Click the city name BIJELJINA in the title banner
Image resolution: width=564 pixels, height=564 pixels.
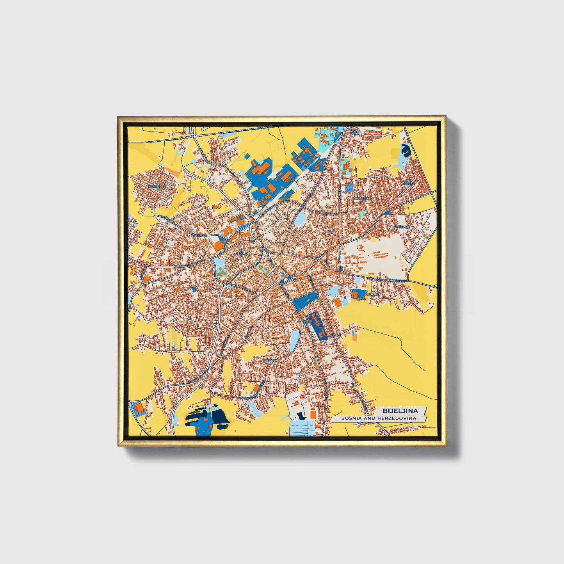coord(400,411)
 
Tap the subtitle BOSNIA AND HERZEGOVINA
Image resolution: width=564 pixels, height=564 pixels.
coord(378,418)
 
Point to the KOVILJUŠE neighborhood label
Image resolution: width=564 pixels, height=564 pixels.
coord(157,187)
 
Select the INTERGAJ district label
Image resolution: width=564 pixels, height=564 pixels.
coord(198,236)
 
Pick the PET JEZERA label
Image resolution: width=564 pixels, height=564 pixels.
coord(409,182)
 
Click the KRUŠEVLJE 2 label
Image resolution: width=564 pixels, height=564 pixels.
coord(362,199)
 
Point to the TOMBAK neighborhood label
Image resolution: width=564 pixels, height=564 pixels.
coord(270,361)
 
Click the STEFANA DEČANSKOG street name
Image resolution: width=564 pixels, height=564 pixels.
coord(190,264)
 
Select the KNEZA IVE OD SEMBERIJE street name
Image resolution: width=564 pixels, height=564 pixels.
coord(384,279)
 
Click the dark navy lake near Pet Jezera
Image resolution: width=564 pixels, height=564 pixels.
coord(405,149)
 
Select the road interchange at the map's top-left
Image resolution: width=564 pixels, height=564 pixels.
coord(194,135)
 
